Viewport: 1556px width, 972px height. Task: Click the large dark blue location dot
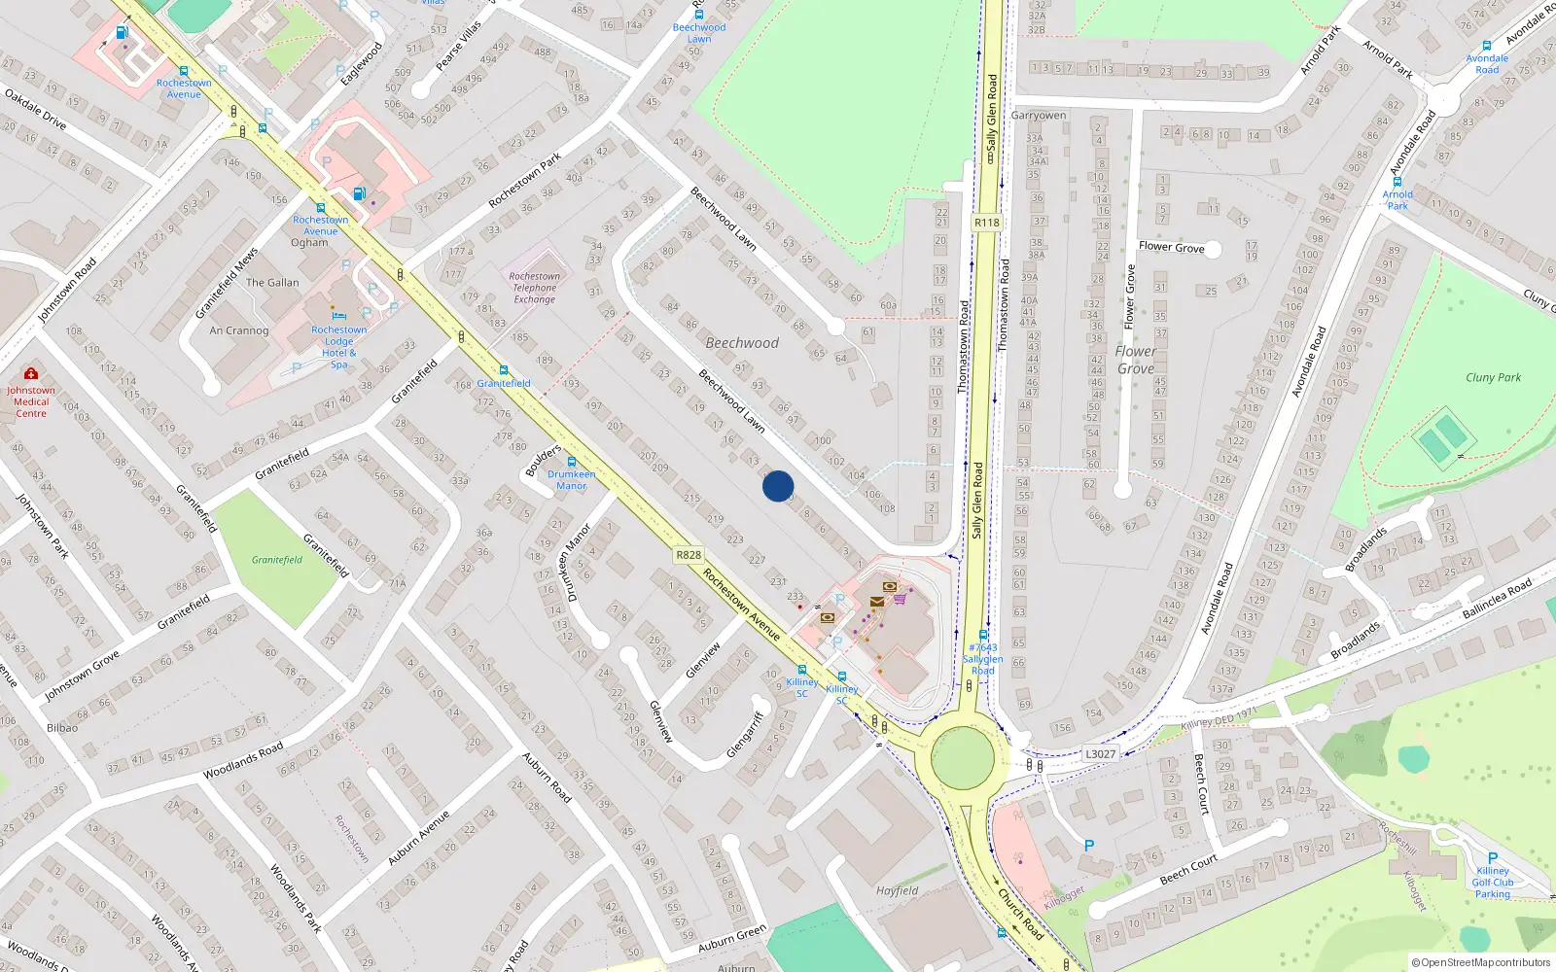click(778, 486)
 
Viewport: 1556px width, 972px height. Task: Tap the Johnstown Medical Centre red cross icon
click(31, 373)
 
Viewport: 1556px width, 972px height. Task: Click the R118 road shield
click(986, 223)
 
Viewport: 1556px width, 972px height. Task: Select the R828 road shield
click(689, 555)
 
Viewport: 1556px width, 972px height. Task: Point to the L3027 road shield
click(1100, 753)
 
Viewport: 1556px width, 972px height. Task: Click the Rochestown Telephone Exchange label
click(534, 288)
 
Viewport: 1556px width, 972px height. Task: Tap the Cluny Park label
click(1493, 377)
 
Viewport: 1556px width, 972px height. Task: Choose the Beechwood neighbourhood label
click(742, 343)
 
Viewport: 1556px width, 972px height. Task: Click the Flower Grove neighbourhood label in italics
click(1136, 360)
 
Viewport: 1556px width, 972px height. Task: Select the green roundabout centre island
click(963, 757)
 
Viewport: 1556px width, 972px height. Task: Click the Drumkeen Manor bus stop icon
click(572, 462)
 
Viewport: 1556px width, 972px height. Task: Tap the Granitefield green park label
click(277, 560)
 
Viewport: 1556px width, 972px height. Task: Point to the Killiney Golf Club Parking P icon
click(1493, 858)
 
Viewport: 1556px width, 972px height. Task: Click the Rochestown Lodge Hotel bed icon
click(338, 315)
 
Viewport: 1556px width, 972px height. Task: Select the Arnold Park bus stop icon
click(1397, 182)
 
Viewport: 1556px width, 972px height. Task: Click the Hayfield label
click(897, 890)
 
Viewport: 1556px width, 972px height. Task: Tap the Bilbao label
click(62, 727)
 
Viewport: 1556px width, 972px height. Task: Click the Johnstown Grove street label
click(82, 676)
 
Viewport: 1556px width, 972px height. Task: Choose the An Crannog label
click(239, 330)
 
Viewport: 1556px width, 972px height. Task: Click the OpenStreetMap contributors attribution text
click(1481, 963)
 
